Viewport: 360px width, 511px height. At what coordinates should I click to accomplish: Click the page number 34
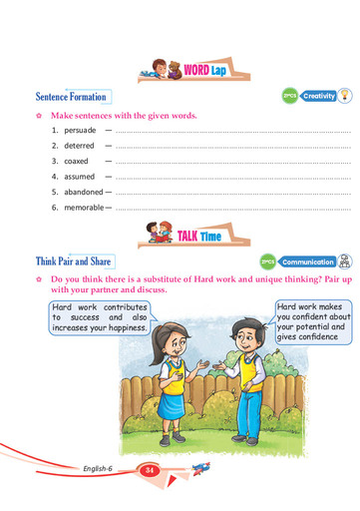tap(149, 470)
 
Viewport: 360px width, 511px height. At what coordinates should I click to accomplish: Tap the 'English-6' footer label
tap(101, 468)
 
